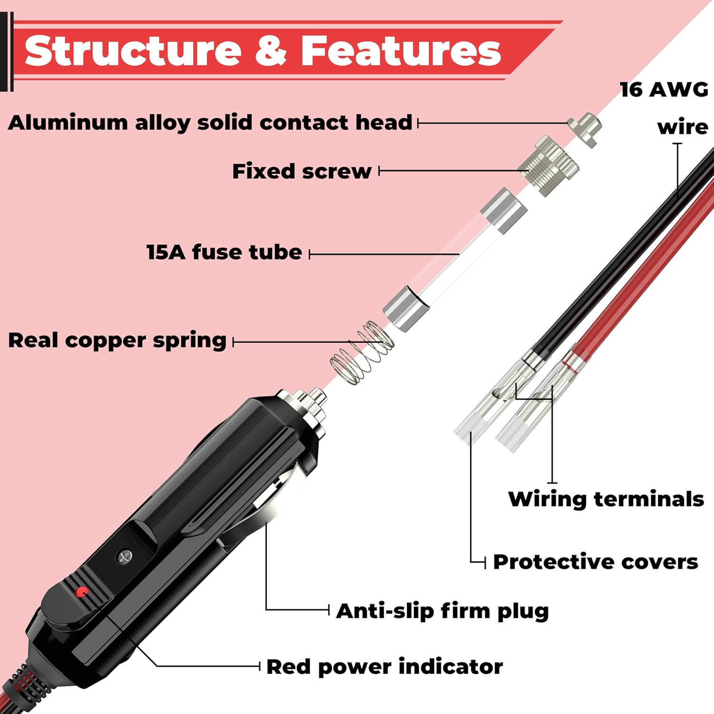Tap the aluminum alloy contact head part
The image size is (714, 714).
point(585,129)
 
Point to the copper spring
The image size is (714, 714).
point(362,353)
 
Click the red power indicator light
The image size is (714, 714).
point(82,592)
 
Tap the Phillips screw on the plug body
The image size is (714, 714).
point(124,556)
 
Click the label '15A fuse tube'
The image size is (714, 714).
point(224,252)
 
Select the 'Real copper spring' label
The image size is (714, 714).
point(117,341)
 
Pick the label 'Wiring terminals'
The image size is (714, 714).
point(605,499)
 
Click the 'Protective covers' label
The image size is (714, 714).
point(595,562)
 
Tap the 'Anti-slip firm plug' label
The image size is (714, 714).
point(442,611)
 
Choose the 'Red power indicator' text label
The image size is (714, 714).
point(384,667)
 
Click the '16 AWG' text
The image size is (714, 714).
point(664,89)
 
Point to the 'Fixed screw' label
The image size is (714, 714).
point(301,171)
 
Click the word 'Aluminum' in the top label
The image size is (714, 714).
point(68,123)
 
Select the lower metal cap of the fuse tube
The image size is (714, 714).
point(403,308)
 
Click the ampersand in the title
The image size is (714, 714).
point(271,51)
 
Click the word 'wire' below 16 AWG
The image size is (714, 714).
point(682,128)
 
